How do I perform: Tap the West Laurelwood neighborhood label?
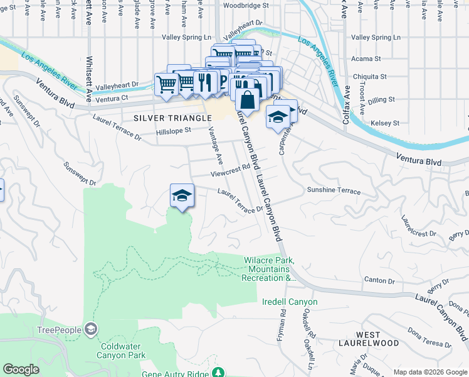point(377,338)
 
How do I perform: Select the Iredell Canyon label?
point(290,302)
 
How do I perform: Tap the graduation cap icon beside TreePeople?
point(92,329)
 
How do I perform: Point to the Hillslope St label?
point(174,132)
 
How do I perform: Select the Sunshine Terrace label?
point(334,190)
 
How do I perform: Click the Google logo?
point(21,369)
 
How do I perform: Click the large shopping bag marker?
point(248,100)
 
